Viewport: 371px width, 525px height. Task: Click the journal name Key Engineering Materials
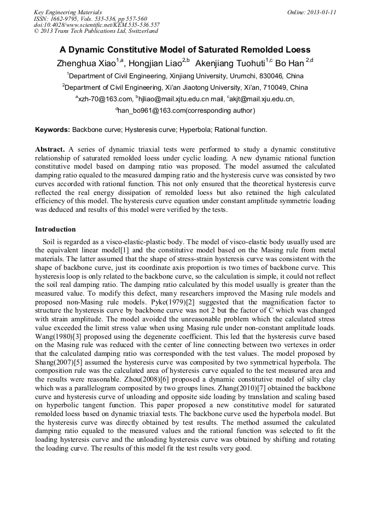click(68, 11)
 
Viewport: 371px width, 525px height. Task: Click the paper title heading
click(185, 49)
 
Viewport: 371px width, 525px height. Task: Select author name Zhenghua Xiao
click(87, 63)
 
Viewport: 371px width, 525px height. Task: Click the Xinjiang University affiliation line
click(185, 76)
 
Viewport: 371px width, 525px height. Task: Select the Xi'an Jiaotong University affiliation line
click(185, 88)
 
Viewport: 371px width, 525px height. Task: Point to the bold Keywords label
click(53, 130)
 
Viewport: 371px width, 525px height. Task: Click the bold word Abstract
click(50, 149)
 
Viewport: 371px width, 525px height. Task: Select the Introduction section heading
click(55, 229)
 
